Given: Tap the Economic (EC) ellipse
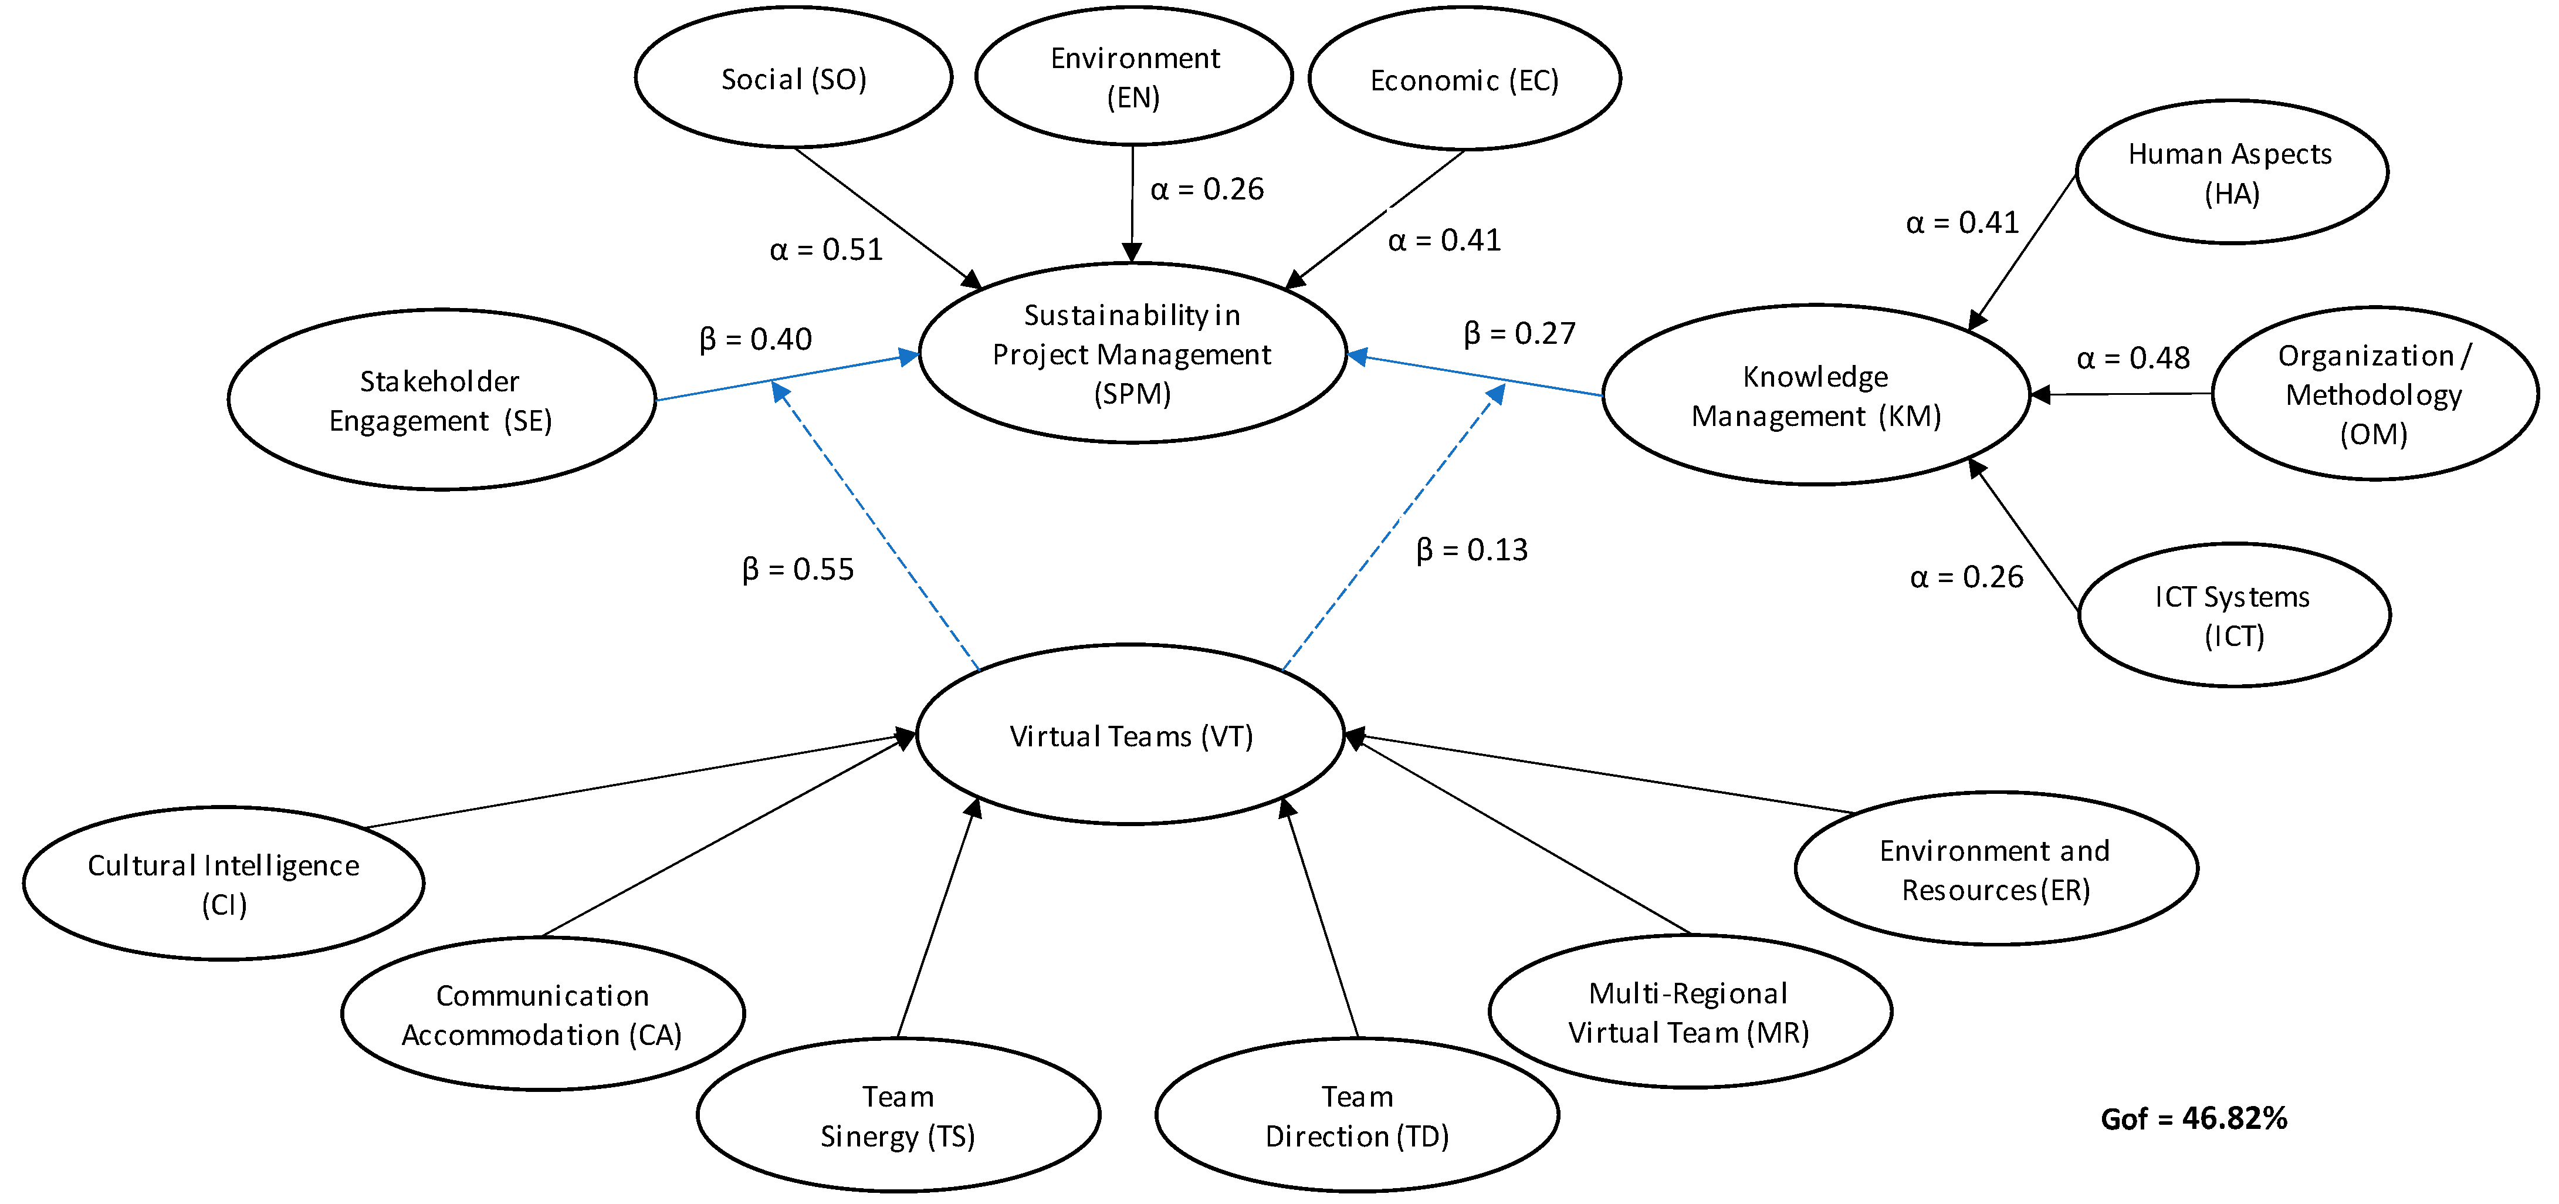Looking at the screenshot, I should coord(1464,79).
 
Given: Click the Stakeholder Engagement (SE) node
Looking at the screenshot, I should coord(441,400).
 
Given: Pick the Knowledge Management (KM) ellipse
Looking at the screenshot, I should coord(1816,395).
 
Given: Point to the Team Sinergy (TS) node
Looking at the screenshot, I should coord(898,1115).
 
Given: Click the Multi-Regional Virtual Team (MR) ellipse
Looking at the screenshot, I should coord(1689,1012).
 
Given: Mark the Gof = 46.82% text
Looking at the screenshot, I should coord(2194,1118).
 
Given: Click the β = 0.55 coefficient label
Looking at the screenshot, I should coord(798,569).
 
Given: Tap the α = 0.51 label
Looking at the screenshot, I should coord(825,249).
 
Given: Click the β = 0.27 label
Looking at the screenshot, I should coord(1519,333).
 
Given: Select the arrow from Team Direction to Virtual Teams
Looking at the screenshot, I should coord(1322,919).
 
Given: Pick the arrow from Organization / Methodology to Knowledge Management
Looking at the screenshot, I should coord(2121,394).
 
